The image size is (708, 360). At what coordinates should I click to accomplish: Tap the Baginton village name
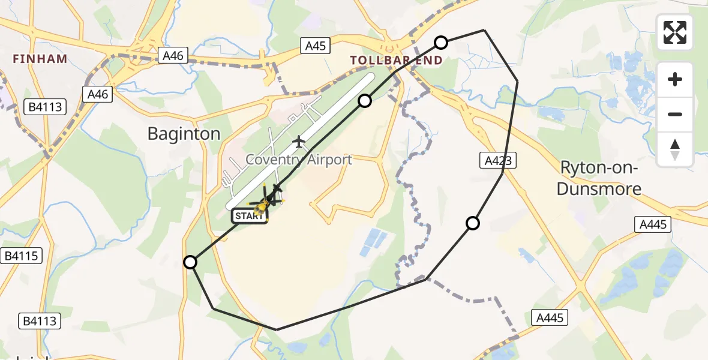coord(184,133)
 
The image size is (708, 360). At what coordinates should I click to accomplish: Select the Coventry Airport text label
coord(299,160)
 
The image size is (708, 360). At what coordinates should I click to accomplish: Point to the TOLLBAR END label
coord(397,60)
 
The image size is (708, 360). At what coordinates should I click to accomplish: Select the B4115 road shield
coord(22,256)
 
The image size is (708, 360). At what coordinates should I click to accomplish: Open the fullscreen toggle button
coord(675,32)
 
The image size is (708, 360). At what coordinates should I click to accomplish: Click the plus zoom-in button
coord(675,80)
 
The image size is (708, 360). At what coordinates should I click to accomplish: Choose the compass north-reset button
coord(675,149)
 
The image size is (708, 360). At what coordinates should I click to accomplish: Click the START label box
coord(249,216)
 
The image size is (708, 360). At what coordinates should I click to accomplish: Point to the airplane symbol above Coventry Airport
coord(299,142)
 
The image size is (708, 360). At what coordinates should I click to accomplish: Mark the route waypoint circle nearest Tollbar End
coord(441,42)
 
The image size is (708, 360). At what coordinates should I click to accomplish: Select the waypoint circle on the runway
coord(365,101)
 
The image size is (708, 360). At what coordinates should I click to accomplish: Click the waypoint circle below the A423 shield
coord(473,224)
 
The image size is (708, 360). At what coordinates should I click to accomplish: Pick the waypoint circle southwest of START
coord(190,262)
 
